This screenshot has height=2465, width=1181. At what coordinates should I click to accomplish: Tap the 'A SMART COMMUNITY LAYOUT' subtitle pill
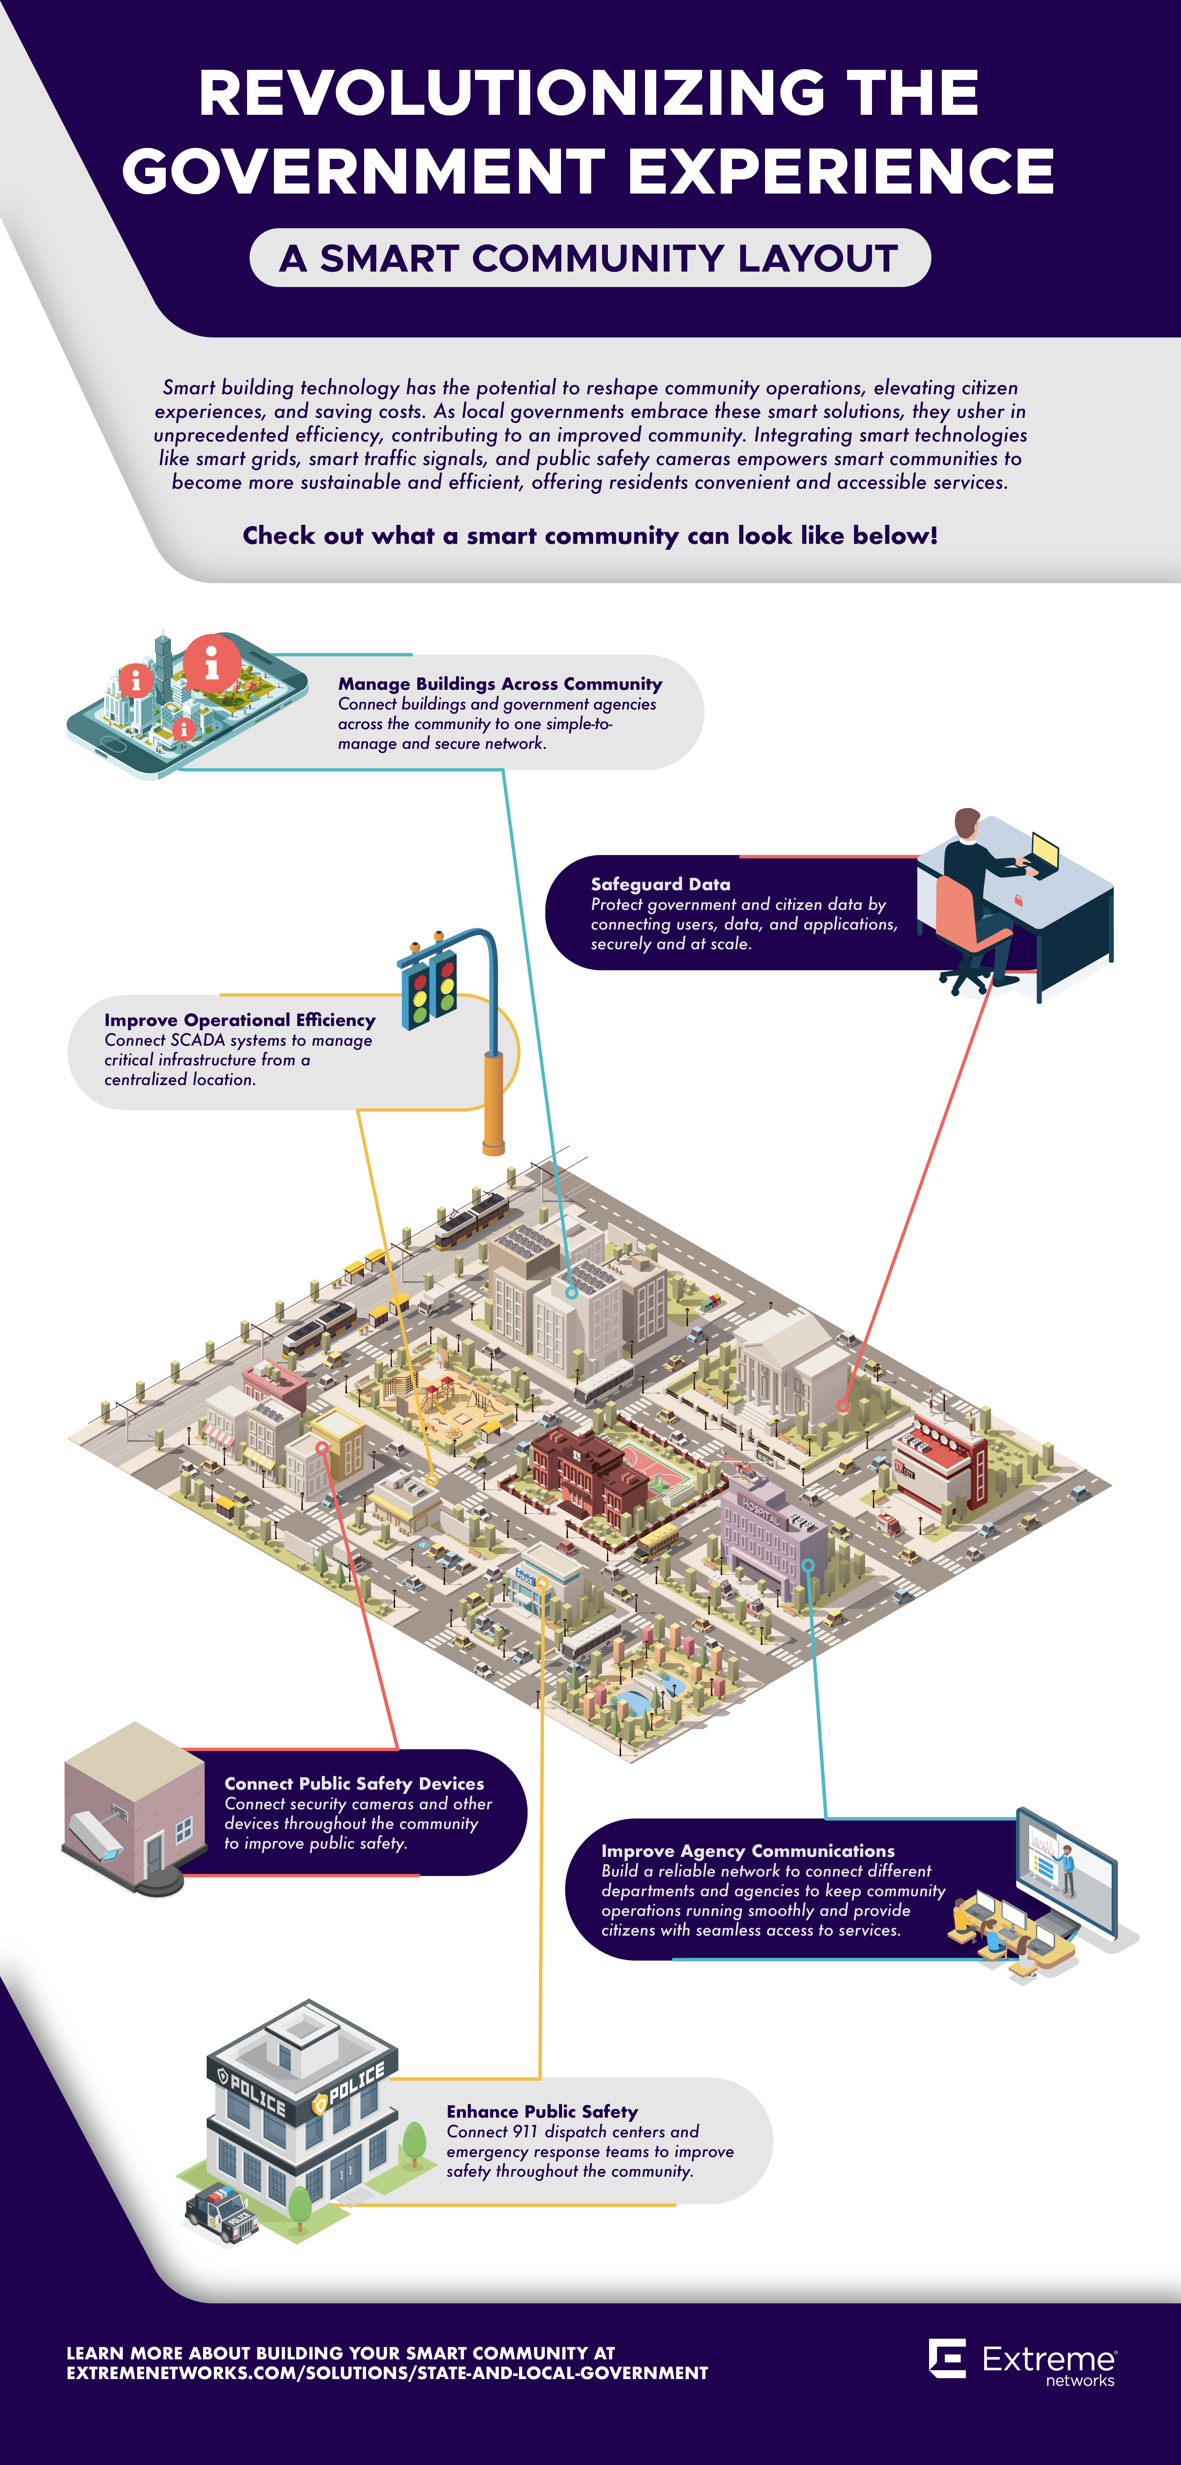[590, 258]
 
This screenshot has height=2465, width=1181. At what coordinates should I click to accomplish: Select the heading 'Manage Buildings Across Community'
[500, 683]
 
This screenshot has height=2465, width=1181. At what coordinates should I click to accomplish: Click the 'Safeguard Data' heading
[660, 884]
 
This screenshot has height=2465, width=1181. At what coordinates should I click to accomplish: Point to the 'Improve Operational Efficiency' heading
[239, 1020]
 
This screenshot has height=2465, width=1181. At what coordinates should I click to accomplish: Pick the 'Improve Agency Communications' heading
[747, 1851]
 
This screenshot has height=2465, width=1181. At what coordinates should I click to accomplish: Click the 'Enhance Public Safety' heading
[542, 2111]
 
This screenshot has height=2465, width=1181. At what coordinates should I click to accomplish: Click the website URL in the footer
[388, 2373]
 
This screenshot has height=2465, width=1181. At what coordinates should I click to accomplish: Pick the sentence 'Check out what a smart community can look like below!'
[590, 536]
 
